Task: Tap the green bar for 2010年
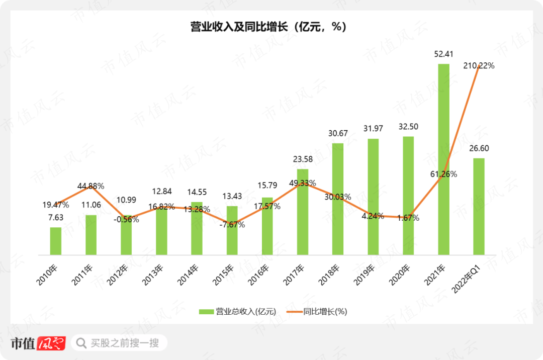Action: point(55,241)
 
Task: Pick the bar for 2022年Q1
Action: point(479,206)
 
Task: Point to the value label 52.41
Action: point(443,54)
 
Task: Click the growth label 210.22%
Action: point(478,65)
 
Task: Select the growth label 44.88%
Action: point(91,186)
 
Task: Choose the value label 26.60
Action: point(479,148)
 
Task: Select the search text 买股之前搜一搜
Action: point(125,343)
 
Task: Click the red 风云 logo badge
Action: point(52,343)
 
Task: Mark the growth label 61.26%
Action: point(444,174)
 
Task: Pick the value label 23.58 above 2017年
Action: point(303,159)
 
